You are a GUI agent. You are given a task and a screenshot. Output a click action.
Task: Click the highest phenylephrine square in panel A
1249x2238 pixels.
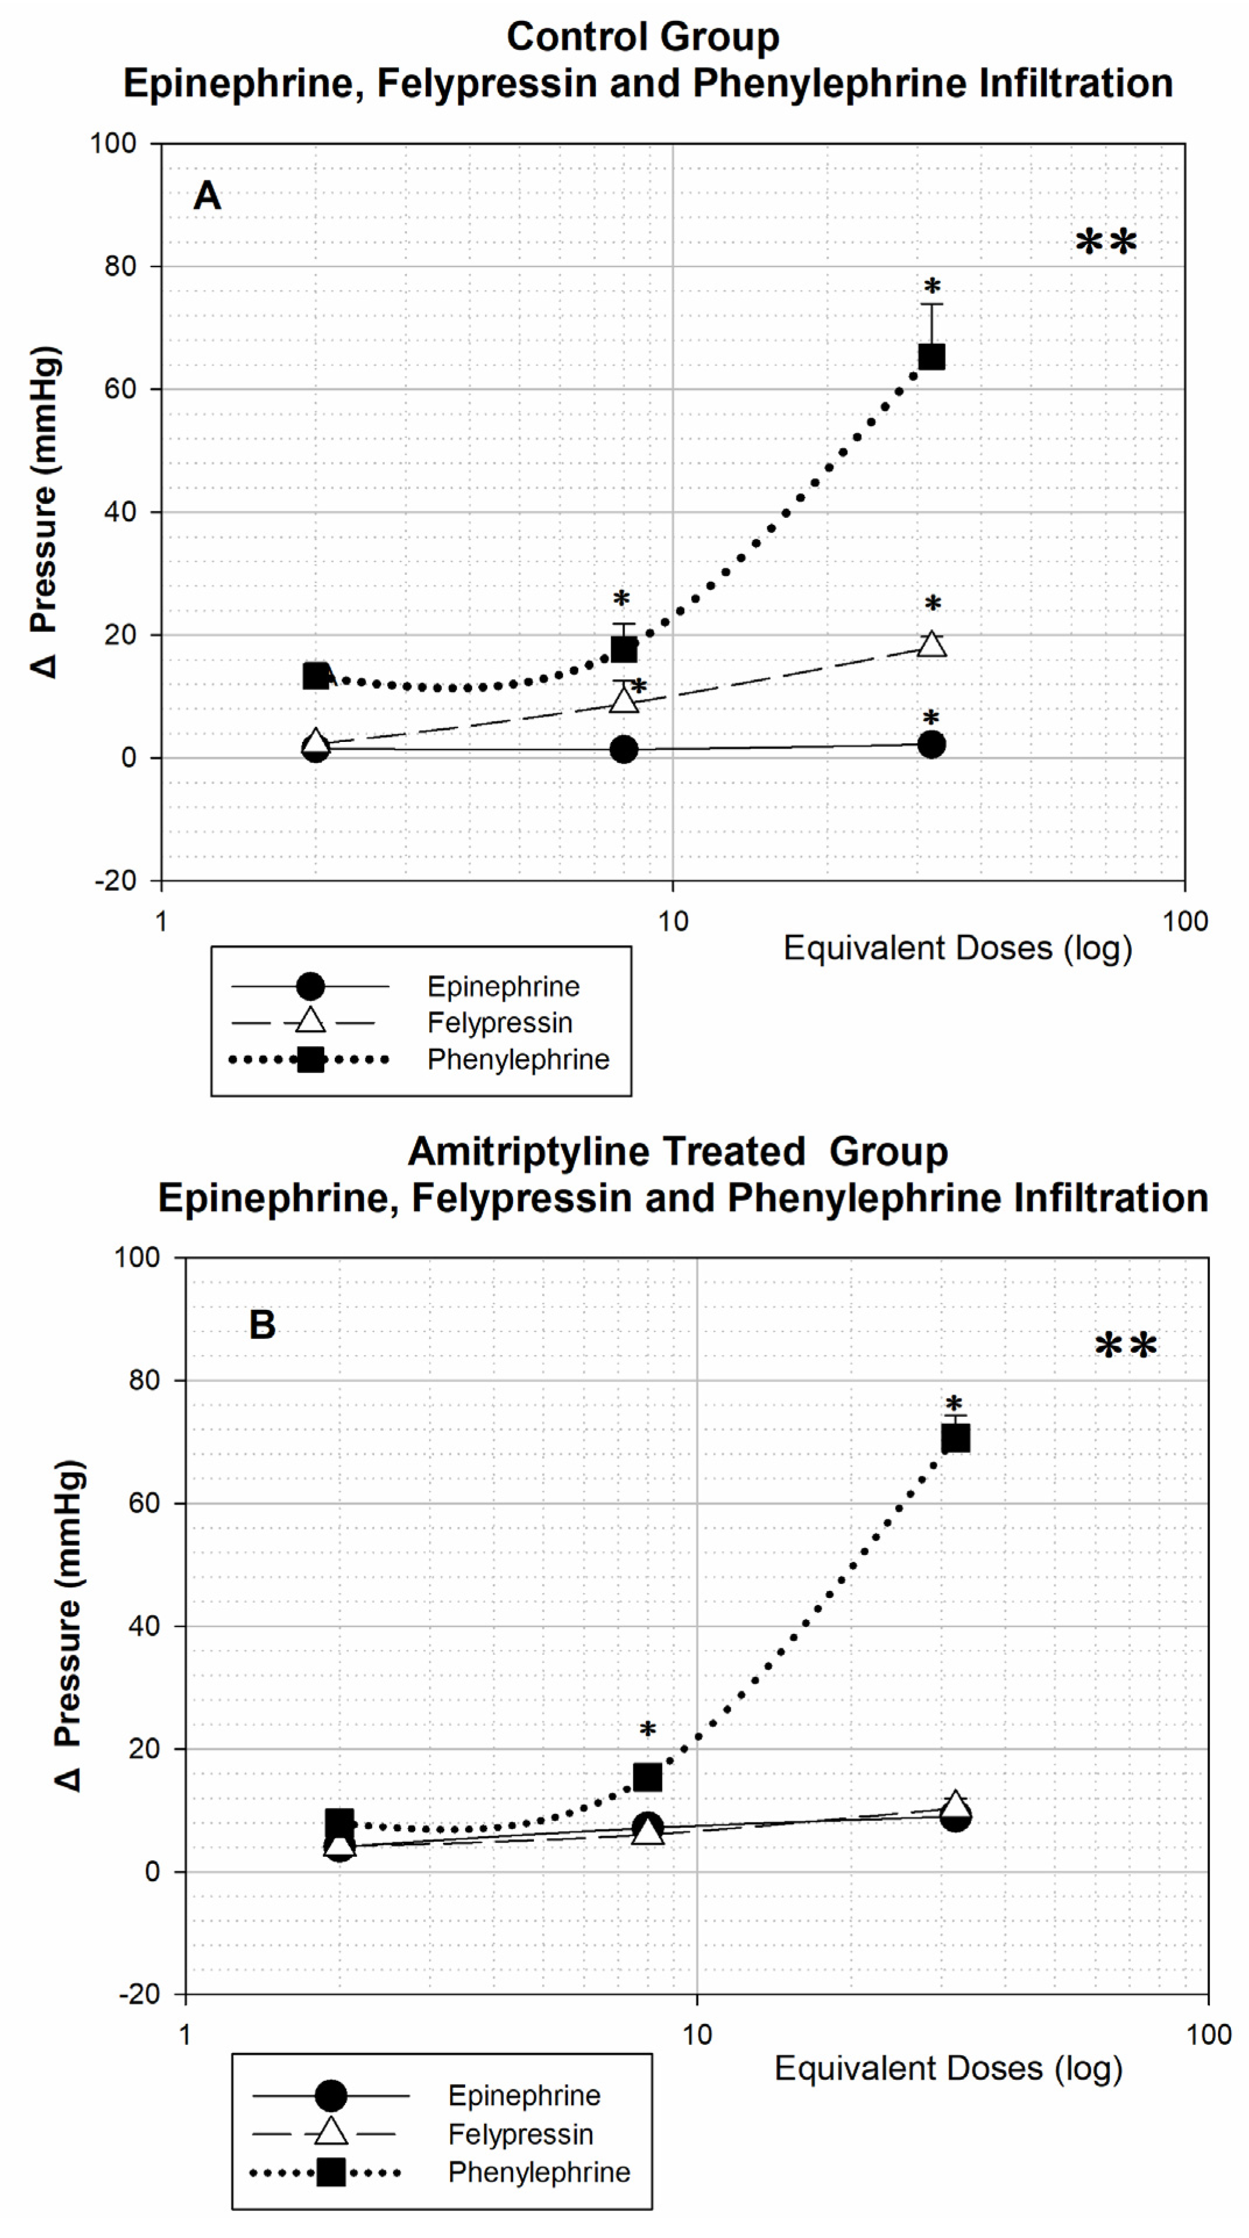(x=931, y=356)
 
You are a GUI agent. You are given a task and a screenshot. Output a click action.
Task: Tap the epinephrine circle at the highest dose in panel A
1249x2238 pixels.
(x=931, y=745)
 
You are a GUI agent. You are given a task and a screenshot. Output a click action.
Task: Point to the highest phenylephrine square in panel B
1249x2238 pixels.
(x=955, y=1438)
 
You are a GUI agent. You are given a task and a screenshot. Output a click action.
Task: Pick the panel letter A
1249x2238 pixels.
(x=207, y=196)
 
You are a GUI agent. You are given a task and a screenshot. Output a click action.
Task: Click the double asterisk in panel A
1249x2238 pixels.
(x=1106, y=243)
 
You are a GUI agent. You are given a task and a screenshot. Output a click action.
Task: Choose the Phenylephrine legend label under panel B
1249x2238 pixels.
(x=539, y=2172)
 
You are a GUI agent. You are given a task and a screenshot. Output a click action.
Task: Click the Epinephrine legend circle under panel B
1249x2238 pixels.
(x=330, y=2095)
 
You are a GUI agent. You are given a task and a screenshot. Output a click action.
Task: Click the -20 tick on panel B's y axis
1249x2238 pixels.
(x=140, y=1994)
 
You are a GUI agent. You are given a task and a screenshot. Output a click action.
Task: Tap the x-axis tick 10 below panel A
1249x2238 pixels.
(x=673, y=922)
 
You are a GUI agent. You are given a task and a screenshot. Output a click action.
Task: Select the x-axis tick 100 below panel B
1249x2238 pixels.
(x=1208, y=2035)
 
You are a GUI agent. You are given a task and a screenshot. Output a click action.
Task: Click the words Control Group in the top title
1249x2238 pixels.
(x=643, y=37)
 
